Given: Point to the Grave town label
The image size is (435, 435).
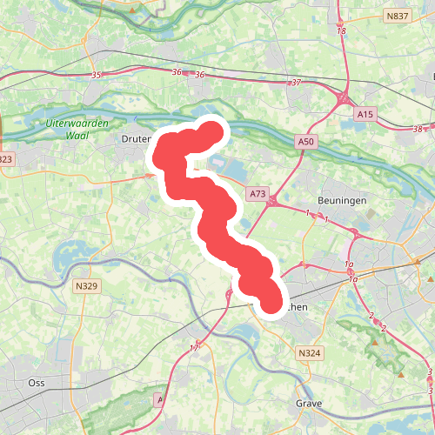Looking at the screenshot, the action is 309,404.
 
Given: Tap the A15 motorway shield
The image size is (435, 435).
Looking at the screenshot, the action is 365,113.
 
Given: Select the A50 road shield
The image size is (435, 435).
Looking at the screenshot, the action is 304,142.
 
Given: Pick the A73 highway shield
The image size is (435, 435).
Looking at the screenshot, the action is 258,193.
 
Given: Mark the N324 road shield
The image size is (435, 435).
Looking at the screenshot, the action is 308,353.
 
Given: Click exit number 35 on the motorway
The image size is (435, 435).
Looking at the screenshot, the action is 96,76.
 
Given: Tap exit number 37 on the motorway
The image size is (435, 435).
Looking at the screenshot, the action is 296,83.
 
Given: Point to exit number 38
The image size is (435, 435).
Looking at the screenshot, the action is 418,130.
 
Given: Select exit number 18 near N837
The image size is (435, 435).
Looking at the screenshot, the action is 340,31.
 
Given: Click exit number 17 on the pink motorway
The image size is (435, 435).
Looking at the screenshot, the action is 194,348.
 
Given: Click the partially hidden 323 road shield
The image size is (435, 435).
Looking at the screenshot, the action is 5,158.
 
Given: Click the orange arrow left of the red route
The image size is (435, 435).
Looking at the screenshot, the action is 150,175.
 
